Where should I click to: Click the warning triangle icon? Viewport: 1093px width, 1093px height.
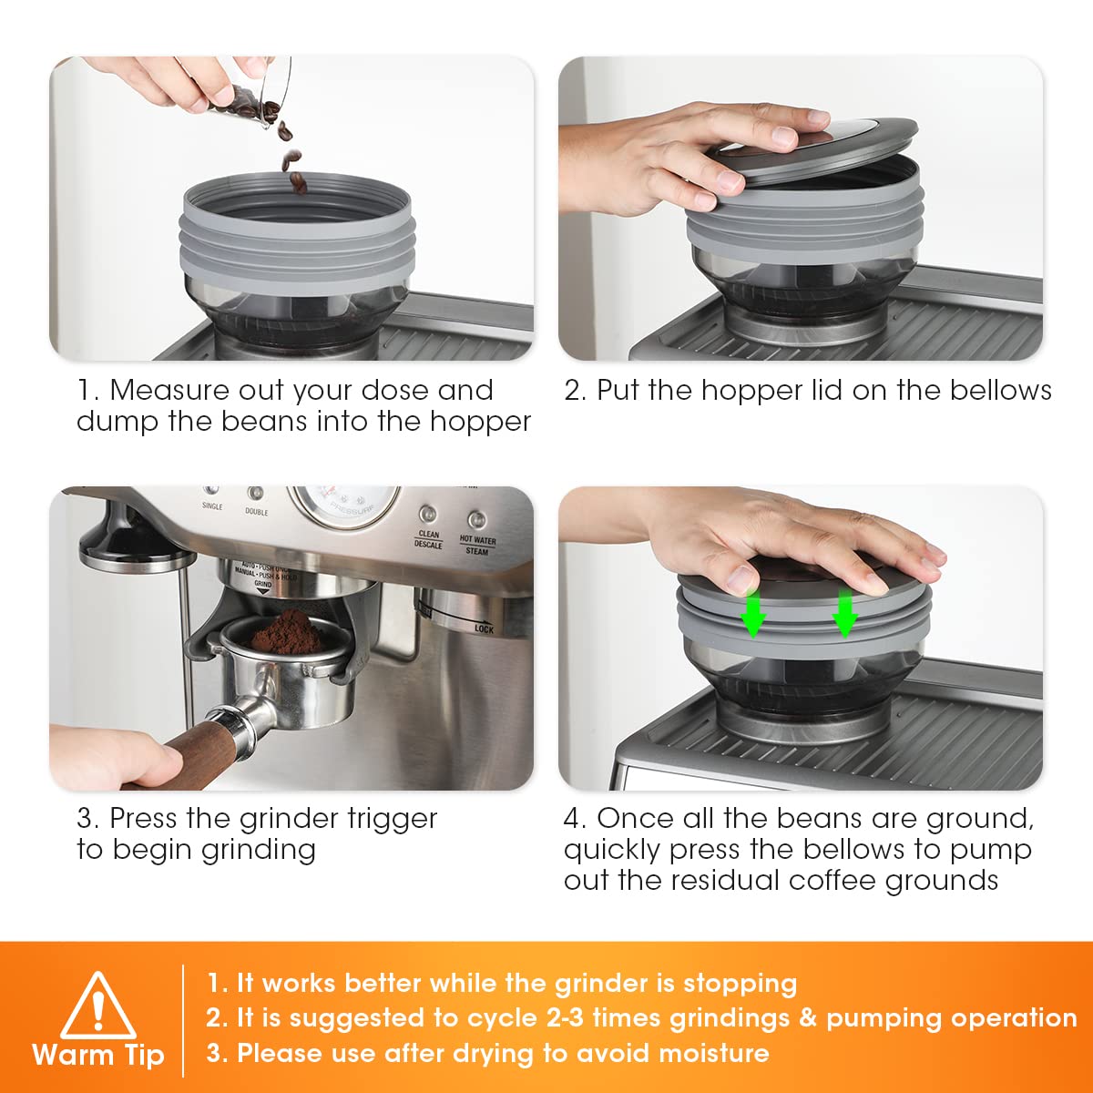(x=98, y=1005)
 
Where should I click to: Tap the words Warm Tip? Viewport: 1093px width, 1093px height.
(x=98, y=1055)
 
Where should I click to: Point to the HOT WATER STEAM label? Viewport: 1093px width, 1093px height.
(x=477, y=545)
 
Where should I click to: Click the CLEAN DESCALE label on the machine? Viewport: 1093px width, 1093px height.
(x=428, y=539)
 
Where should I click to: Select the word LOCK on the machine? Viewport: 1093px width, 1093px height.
(x=484, y=629)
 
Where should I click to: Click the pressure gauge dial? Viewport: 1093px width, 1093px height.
(x=343, y=506)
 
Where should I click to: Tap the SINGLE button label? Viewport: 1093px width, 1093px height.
(x=212, y=506)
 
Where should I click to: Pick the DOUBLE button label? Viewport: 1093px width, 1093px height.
(x=256, y=512)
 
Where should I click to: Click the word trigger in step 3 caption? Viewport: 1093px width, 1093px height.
(x=392, y=820)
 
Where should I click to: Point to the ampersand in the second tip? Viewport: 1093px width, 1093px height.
(x=808, y=1018)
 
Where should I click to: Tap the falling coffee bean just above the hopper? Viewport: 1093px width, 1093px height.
(x=299, y=183)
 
